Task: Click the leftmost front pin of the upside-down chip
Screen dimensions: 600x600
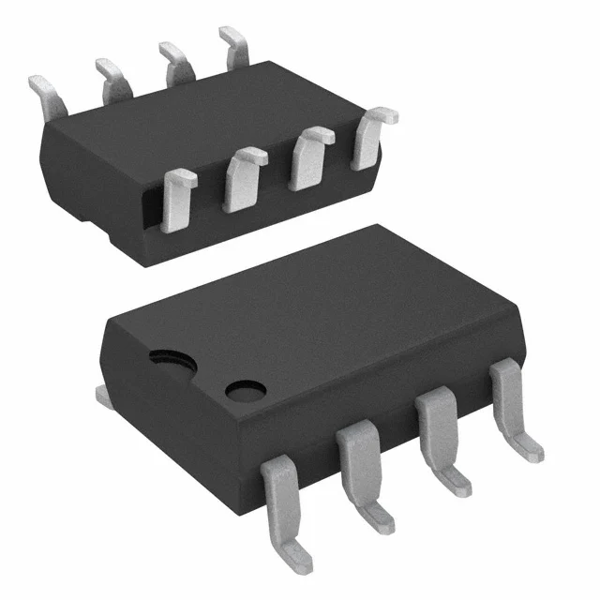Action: tap(176, 199)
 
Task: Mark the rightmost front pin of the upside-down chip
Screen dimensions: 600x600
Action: tap(371, 136)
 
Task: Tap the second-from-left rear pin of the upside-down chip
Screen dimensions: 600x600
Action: tap(112, 75)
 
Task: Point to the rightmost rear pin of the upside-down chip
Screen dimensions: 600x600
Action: tap(234, 45)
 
